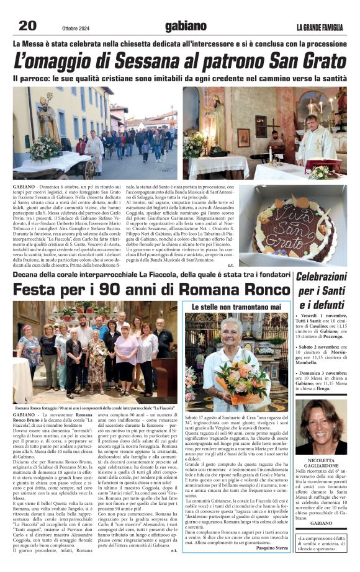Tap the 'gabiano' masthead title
pos(186,25)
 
